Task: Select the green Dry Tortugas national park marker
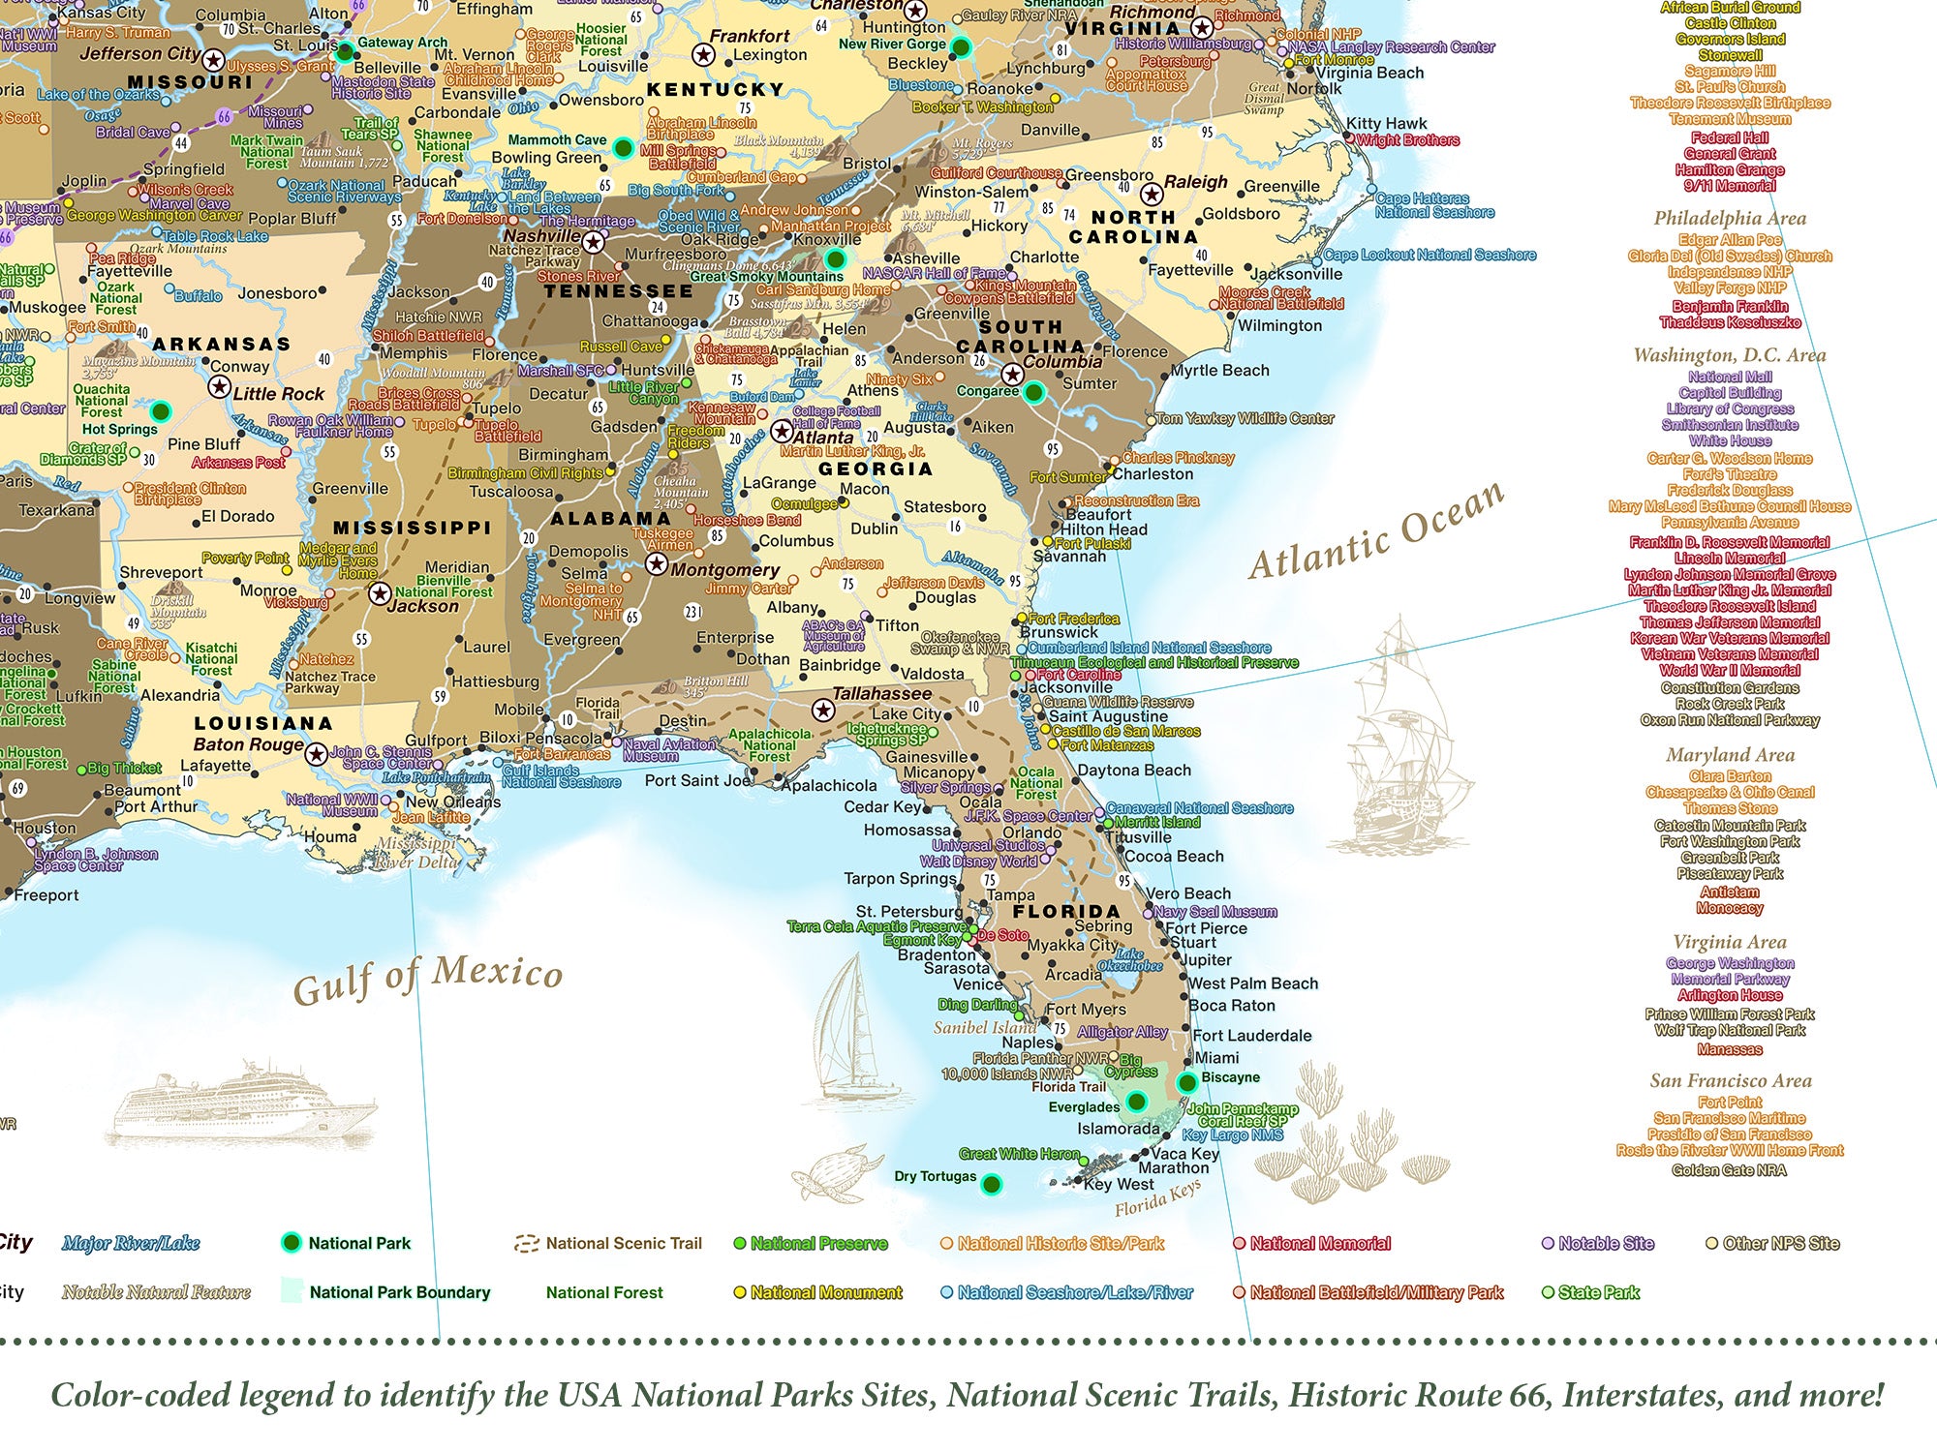coord(991,1184)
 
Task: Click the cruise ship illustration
coord(242,1104)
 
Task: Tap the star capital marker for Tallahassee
coord(823,711)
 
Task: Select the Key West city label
coord(1119,1184)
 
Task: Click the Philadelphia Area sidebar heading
coord(1730,218)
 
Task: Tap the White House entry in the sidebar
coord(1730,440)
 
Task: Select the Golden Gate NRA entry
coord(1730,1170)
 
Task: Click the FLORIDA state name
coord(1066,912)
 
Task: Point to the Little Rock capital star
coord(220,388)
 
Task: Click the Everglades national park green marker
coord(1137,1101)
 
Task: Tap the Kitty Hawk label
coord(1386,124)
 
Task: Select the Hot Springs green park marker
coord(161,411)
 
